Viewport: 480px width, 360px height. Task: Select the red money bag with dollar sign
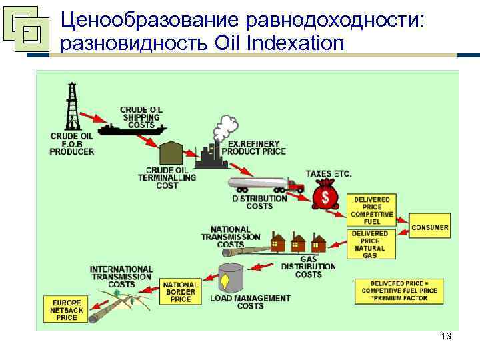click(x=326, y=197)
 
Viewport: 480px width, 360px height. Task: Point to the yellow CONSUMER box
click(x=430, y=228)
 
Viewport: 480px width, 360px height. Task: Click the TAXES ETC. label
click(x=328, y=175)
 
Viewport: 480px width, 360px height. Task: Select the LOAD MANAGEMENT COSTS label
click(x=251, y=302)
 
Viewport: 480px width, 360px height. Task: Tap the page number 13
click(x=446, y=337)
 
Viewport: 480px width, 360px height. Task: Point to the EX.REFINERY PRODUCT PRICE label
click(x=257, y=147)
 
